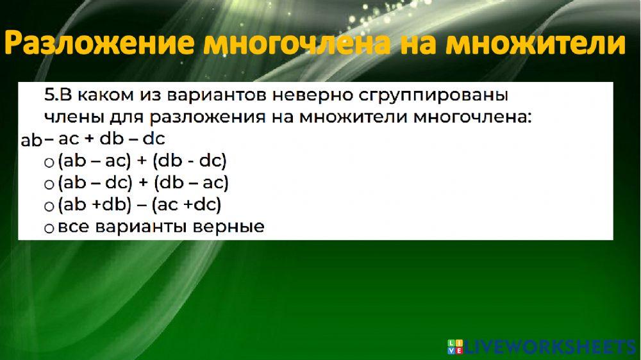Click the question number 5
50,95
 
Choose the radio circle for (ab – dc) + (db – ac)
49,185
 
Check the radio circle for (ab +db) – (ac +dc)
49,207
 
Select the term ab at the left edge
31,140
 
